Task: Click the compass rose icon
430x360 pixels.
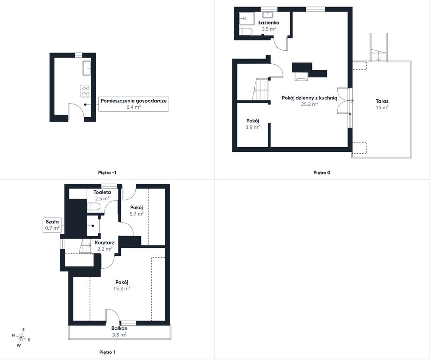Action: (21, 337)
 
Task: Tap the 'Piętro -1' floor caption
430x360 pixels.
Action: (107, 172)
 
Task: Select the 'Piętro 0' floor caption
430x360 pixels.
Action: (322, 172)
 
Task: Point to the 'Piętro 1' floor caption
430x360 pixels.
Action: (107, 352)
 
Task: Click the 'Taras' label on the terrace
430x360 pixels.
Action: (382, 101)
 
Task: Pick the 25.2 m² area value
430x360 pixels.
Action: (310, 104)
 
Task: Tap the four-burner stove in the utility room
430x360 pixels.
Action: (86, 91)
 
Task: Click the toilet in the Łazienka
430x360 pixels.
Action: (246, 31)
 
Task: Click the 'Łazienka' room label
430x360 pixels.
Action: (269, 23)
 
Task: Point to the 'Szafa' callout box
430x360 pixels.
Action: (52, 225)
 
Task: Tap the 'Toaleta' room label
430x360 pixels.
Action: (102, 192)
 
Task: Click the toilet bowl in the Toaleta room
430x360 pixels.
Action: (94, 206)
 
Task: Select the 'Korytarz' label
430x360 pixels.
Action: (104, 243)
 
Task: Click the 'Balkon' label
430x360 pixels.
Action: (119, 329)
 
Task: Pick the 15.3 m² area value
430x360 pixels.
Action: (122, 288)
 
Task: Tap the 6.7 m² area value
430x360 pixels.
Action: (137, 214)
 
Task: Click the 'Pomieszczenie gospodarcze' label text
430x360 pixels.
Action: (133, 101)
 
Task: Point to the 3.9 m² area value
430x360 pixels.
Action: (252, 127)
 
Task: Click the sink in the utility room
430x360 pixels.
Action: (87, 68)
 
